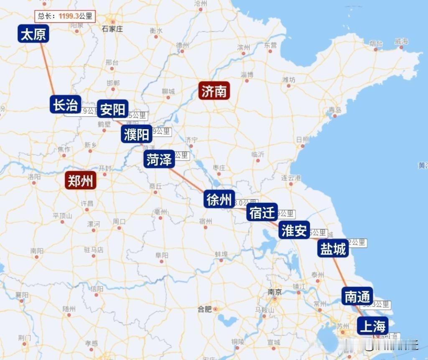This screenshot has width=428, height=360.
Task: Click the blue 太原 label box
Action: pos(33,34)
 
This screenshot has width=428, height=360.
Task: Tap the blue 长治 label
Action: pos(66,105)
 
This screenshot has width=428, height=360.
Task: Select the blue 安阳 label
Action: pos(113,109)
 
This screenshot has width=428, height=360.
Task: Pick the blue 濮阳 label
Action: pos(137,134)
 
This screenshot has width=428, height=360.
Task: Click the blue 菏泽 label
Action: pos(159,159)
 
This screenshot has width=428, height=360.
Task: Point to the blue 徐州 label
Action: pos(219,199)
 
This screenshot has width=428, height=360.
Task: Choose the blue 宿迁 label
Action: pos(262,212)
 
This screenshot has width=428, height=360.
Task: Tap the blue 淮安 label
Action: pos(294,230)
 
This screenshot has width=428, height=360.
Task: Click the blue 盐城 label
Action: pos(333,248)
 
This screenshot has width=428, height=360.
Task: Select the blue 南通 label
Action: pos(357,296)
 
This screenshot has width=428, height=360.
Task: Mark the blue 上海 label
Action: pos(372,326)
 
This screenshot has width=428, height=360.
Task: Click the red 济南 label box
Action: pos(214,91)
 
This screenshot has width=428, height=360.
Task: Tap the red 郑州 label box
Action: pos(81,181)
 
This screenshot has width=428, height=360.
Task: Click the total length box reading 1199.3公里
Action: pos(65,16)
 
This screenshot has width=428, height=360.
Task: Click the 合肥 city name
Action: pos(205,309)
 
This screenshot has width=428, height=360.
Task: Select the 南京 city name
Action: pos(275,291)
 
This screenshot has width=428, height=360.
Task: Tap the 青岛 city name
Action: pos(335,110)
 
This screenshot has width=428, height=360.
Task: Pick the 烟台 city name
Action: pos(376,43)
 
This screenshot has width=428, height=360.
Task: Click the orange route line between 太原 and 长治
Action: pos(48,69)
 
